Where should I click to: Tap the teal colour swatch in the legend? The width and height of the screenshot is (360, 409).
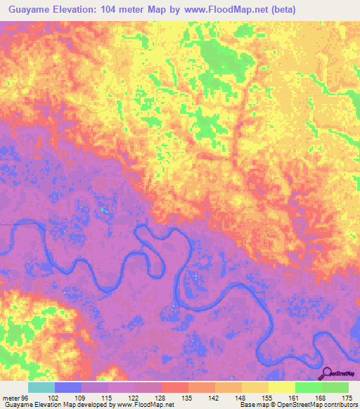click(x=41, y=388)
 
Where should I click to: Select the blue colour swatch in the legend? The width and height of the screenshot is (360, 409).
click(x=68, y=388)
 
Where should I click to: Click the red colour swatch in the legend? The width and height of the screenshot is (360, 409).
click(x=175, y=388)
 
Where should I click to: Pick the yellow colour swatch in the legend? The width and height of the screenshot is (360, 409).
click(x=282, y=388)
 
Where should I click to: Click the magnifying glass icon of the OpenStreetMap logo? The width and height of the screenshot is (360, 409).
click(x=328, y=373)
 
